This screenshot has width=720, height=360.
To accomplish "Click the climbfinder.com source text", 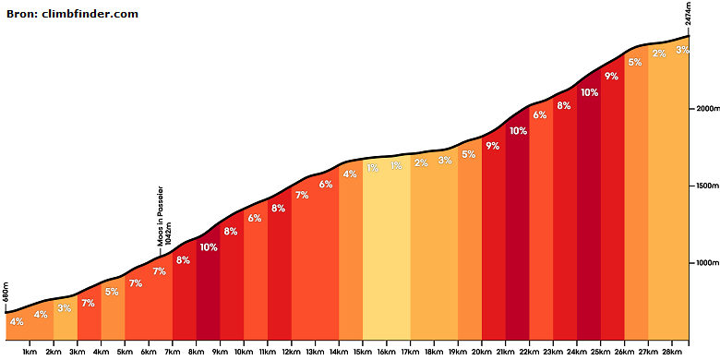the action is tap(90, 14).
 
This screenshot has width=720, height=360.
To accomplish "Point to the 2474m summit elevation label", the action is tap(688, 15).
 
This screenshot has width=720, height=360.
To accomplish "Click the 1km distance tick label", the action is tap(30, 352).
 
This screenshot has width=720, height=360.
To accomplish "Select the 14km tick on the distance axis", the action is tap(339, 352).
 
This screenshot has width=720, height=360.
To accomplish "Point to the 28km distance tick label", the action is tap(672, 352).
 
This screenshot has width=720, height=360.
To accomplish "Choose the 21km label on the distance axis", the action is tap(505, 352).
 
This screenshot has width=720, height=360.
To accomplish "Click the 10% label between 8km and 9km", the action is tap(208, 247).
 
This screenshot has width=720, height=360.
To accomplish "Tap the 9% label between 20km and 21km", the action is tap(492, 146).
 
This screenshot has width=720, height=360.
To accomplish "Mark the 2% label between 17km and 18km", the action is tap(421, 163).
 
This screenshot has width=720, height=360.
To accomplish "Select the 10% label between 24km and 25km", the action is tap(589, 92).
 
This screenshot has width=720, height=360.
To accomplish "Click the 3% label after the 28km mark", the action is tap(682, 50).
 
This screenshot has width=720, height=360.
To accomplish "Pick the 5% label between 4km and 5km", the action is tap(112, 292).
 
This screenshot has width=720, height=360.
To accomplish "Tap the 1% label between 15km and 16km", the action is tap(372, 168).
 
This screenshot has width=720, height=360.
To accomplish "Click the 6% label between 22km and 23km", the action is tap(540, 115).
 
